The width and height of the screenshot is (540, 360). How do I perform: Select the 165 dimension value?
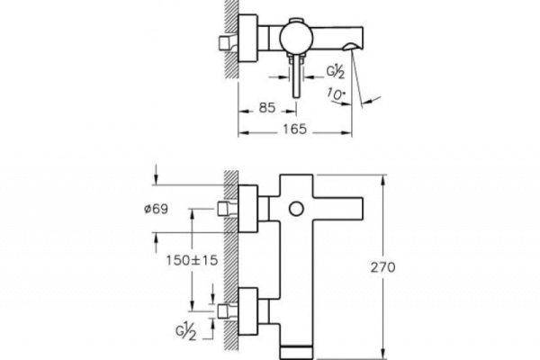[292, 130]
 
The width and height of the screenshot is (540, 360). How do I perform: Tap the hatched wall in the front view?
[231, 261]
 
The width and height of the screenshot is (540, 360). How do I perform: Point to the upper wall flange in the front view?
[247, 209]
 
